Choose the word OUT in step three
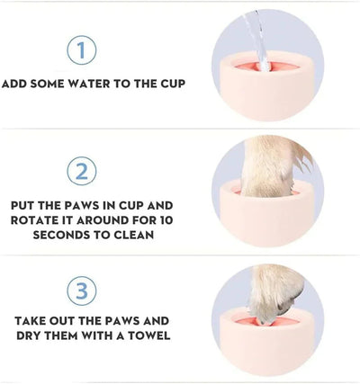point(75,321)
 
